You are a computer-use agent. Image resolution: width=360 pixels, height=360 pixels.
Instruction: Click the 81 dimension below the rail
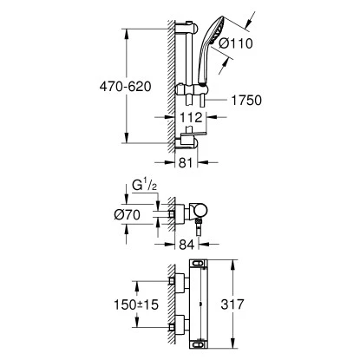pyautogui.click(x=181, y=160)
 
